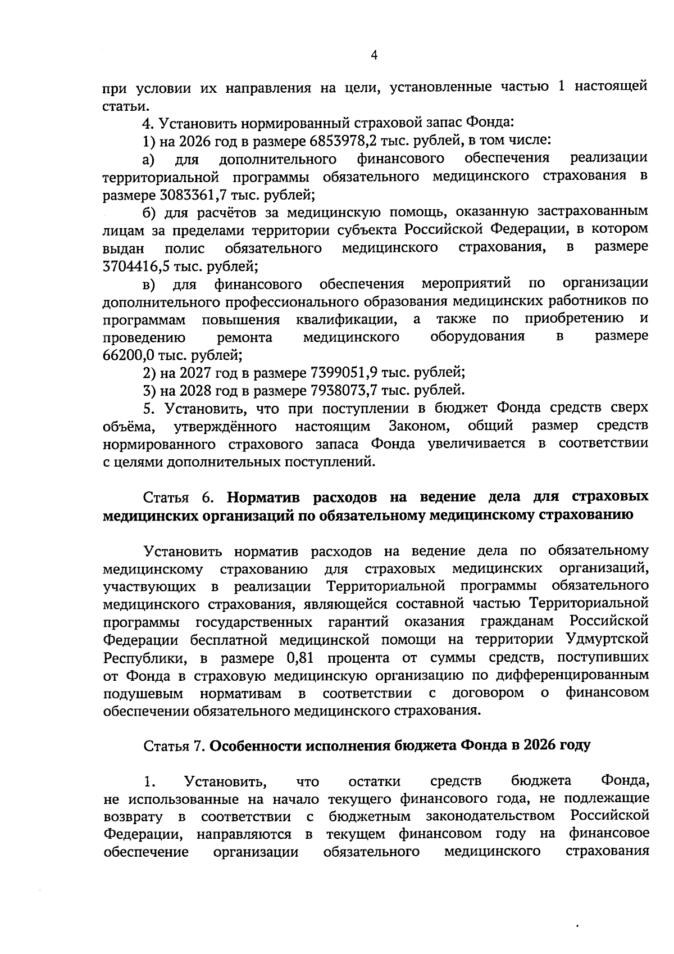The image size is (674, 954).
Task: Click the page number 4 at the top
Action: click(375, 55)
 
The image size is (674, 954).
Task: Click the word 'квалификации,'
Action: click(344, 319)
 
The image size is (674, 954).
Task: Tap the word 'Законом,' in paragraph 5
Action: click(419, 425)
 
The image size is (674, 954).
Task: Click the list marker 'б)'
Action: click(148, 212)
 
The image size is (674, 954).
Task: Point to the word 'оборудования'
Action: click(477, 337)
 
